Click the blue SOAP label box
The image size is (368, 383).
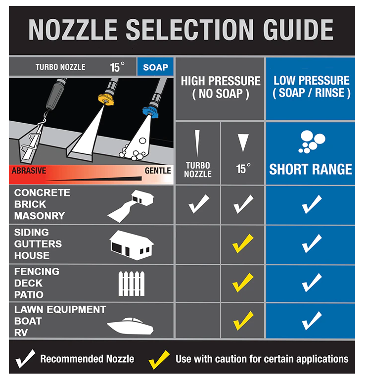click(x=155, y=67)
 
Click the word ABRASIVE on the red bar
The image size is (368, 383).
click(x=29, y=171)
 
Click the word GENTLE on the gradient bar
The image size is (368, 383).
click(x=158, y=171)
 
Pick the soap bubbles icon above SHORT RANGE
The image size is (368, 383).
click(x=312, y=142)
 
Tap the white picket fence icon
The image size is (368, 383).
click(x=132, y=284)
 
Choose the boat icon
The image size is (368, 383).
click(x=131, y=326)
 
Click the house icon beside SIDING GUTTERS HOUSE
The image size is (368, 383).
click(x=132, y=245)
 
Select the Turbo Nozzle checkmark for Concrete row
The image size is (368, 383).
click(x=199, y=204)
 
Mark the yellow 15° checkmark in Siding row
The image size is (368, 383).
click(x=243, y=243)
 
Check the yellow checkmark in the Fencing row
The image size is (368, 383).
click(x=243, y=283)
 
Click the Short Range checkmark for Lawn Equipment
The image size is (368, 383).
click(x=312, y=321)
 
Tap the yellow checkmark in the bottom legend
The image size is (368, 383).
click(x=159, y=360)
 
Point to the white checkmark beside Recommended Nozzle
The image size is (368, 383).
click(x=25, y=359)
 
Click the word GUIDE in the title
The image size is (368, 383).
click(x=298, y=30)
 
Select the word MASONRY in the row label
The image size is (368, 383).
click(x=40, y=216)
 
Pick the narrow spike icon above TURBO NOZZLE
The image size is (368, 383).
click(x=197, y=143)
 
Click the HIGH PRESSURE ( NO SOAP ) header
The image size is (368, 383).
click(x=221, y=88)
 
